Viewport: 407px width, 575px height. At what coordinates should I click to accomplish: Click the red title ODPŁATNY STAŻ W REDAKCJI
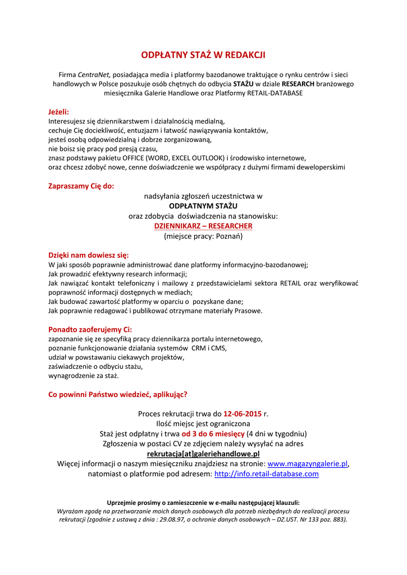tap(203, 55)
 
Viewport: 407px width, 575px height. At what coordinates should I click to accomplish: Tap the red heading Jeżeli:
tap(58, 112)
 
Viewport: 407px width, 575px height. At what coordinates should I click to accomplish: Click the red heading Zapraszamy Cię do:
tap(81, 186)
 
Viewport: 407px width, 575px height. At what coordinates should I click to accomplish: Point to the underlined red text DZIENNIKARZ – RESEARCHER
tap(203, 226)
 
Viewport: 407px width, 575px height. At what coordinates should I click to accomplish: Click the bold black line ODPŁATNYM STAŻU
tap(203, 206)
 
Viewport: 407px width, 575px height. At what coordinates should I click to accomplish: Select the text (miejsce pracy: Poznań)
tap(203, 236)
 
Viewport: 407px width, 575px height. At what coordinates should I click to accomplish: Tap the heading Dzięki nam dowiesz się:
tap(89, 255)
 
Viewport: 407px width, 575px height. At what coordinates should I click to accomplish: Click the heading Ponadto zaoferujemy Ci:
tap(90, 329)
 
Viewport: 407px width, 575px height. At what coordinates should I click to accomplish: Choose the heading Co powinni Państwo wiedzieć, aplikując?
tap(118, 394)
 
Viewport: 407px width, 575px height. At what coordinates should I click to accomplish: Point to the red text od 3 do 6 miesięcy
tap(213, 433)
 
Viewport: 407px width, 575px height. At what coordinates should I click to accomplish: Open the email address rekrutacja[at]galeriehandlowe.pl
tap(203, 453)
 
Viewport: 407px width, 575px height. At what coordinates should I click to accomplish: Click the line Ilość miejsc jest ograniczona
tap(203, 423)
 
